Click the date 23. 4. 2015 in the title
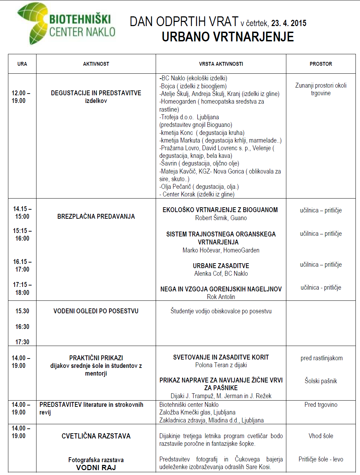click(x=289, y=23)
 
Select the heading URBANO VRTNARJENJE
click(x=228, y=37)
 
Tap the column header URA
click(x=22, y=64)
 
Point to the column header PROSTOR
click(x=321, y=64)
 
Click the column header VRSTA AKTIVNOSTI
click(x=221, y=64)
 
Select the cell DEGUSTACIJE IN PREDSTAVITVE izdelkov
click(x=96, y=97)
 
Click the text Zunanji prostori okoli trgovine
click(x=321, y=89)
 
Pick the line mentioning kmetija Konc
click(x=202, y=133)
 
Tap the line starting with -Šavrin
click(x=199, y=163)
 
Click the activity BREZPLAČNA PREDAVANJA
click(x=96, y=217)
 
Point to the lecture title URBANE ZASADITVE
click(x=221, y=266)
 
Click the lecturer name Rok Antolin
click(x=221, y=297)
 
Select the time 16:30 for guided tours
click(x=22, y=327)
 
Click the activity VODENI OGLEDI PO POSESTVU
click(x=96, y=311)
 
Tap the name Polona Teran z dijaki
click(x=221, y=365)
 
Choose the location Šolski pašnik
click(x=321, y=381)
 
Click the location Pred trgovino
click(x=321, y=405)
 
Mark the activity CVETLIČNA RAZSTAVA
click(x=96, y=436)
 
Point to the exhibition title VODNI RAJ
click(x=96, y=468)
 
